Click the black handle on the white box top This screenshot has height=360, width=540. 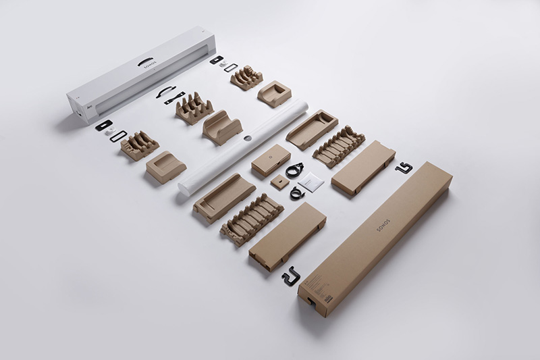pyautogui.click(x=146, y=62)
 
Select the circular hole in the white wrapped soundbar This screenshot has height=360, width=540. pyautogui.click(x=248, y=138)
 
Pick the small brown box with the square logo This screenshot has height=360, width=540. pyautogui.click(x=271, y=159)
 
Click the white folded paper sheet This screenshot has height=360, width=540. pyautogui.click(x=311, y=181)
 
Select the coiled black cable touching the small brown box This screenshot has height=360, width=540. pyautogui.click(x=294, y=170)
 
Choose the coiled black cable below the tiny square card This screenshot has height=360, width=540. pyautogui.click(x=297, y=193)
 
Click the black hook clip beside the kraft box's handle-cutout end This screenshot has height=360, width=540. pyautogui.click(x=291, y=276)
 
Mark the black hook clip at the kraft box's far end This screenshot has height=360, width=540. pyautogui.click(x=404, y=168)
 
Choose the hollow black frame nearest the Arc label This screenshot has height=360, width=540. pyautogui.click(x=119, y=136)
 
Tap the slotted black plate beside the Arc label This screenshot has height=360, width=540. pyautogui.click(x=103, y=125)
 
